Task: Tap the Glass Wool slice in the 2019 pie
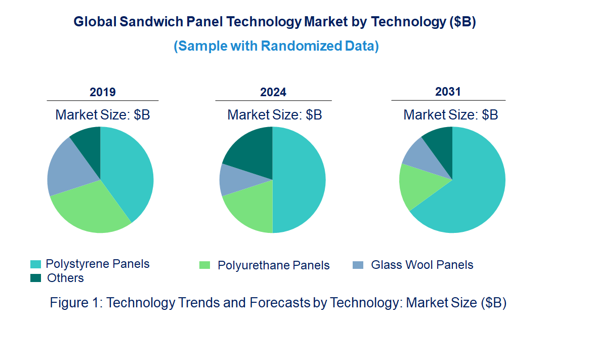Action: [68, 167]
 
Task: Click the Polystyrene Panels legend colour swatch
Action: [36, 264]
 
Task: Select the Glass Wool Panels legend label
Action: [421, 265]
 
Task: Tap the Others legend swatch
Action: [36, 278]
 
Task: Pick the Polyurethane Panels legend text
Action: [273, 265]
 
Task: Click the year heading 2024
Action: [273, 92]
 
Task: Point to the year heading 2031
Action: [448, 92]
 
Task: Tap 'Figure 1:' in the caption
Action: [76, 303]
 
